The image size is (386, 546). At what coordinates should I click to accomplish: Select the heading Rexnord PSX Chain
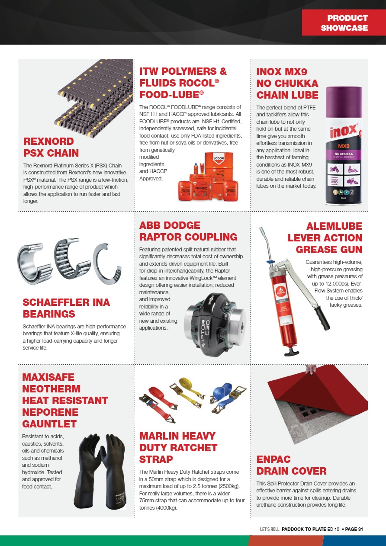pyautogui.click(x=51, y=147)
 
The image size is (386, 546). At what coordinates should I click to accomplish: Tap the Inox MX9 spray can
pyautogui.click(x=344, y=147)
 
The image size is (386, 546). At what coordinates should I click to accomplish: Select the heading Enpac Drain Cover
pyautogui.click(x=291, y=465)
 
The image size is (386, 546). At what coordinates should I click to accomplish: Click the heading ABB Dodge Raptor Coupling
pyautogui.click(x=188, y=231)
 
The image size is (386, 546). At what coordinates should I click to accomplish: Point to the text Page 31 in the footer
pyautogui.click(x=354, y=529)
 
